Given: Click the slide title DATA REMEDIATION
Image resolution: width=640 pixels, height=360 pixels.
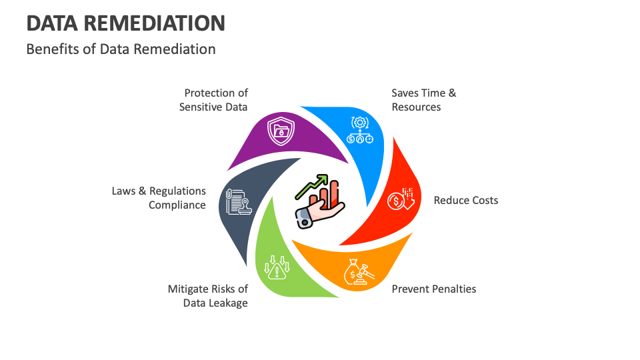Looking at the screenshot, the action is (126, 23).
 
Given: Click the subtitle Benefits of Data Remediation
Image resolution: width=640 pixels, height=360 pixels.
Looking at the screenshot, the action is (121, 49).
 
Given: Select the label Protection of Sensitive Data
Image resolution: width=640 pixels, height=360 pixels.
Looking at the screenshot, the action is (213, 100).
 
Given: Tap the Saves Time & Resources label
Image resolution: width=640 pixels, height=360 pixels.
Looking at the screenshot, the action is (424, 100).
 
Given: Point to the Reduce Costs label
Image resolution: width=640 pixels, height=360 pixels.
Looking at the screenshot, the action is (466, 201).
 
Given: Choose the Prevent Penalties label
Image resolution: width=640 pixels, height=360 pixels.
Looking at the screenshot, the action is (434, 289).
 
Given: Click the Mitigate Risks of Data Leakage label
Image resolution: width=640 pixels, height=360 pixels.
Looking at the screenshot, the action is (208, 296).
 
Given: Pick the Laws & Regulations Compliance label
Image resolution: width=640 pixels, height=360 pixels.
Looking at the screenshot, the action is (159, 198).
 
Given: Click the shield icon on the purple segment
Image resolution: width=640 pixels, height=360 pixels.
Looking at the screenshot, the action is (281, 131).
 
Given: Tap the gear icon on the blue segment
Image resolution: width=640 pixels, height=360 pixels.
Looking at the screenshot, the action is (359, 123).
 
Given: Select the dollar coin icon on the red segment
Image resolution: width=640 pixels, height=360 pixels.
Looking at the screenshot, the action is (395, 201).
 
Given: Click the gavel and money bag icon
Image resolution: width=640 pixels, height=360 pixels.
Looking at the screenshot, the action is (359, 272).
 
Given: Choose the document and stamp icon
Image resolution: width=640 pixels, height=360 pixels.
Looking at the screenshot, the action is (239, 202).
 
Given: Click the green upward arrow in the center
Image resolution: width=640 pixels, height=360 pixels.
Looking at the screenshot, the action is (311, 187).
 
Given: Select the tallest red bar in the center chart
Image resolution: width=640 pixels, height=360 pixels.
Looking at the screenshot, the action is (333, 194).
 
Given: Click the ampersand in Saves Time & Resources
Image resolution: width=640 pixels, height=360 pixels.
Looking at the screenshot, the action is (452, 93).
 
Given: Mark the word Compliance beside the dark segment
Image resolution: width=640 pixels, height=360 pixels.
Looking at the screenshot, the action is (177, 205).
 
